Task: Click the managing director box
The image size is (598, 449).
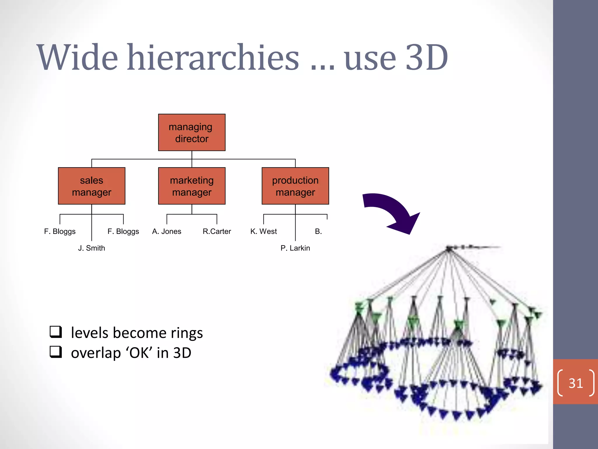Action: coord(192,132)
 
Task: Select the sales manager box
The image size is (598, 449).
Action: coord(91,186)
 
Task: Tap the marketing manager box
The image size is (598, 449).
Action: coord(192,186)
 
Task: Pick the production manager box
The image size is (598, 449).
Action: coord(295,186)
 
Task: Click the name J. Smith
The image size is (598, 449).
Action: coord(91,248)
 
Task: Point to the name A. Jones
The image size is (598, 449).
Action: coord(166,232)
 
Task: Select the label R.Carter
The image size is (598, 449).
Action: coord(217,232)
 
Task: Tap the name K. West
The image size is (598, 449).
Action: coord(263,232)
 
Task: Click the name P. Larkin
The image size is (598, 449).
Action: coord(295,248)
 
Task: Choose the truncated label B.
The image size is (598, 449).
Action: coord(318,232)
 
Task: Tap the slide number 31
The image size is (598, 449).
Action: coord(576,383)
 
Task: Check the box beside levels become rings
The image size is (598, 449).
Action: coord(55,332)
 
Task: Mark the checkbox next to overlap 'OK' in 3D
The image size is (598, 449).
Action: coord(55,352)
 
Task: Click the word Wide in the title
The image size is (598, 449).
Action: coord(77,58)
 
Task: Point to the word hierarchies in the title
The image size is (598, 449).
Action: coord(213,58)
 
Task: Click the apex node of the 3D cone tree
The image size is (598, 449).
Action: coord(449,249)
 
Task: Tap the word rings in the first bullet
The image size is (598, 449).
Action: coord(187,333)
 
